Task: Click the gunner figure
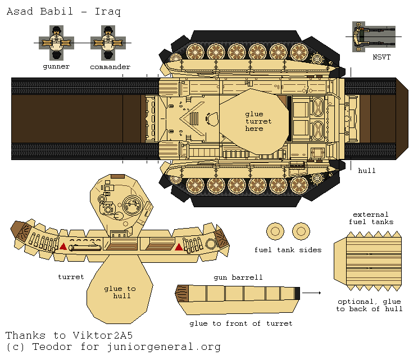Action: (56, 43)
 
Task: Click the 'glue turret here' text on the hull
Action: (258, 121)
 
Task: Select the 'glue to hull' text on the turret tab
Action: (120, 292)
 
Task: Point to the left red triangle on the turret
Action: (63, 247)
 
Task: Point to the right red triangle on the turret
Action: (179, 247)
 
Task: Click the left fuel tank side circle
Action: (275, 230)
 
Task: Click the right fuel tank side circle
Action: (301, 230)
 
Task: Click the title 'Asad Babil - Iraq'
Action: (63, 11)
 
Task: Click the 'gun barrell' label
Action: (238, 278)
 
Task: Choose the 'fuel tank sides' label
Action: (288, 250)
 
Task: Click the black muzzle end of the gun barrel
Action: (298, 293)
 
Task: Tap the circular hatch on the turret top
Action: (133, 203)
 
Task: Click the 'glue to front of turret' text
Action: (240, 323)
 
